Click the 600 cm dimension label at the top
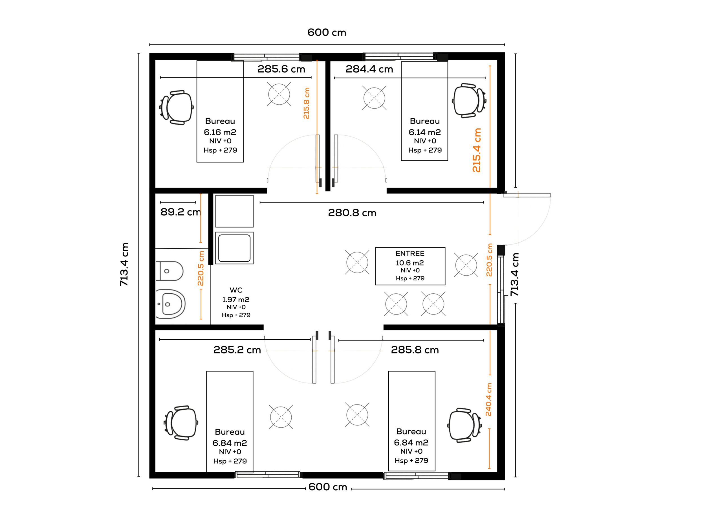coord(327,32)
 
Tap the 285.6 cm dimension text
coord(281,69)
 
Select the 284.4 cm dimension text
coord(369,69)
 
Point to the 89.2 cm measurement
coord(180,212)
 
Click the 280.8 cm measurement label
coord(352,213)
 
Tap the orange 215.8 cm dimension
coord(306,104)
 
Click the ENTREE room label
coord(410,253)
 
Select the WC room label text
coord(236,290)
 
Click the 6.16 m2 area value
coord(220,132)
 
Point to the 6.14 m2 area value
coord(425,132)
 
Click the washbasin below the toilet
coord(170,304)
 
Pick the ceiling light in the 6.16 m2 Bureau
coord(279,94)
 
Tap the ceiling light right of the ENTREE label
coord(466,265)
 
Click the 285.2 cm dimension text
coord(237,350)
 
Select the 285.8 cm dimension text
coord(415,350)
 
